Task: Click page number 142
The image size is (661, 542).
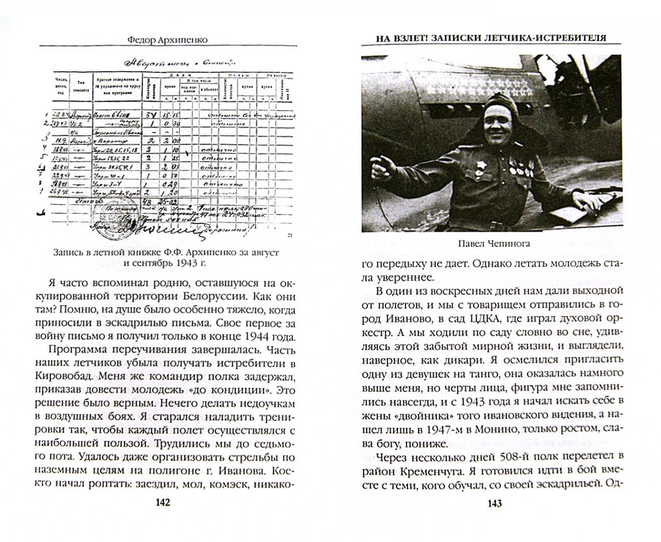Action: [163, 502]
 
